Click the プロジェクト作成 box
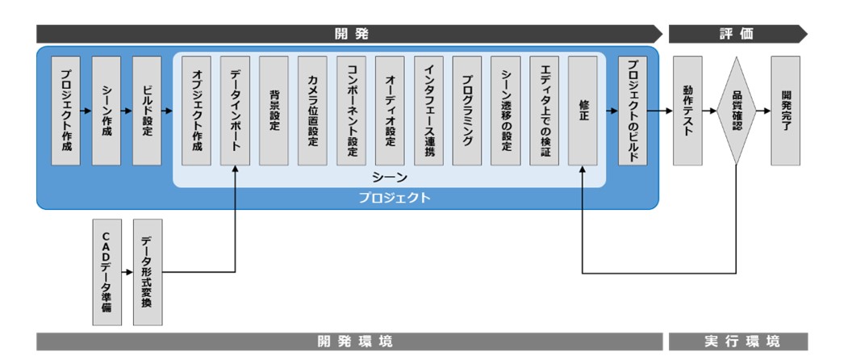pos(66,111)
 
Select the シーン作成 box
pos(106,111)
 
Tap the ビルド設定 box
pos(147,111)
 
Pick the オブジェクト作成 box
pos(197,111)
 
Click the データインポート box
pos(236,111)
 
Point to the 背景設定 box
pos(274,111)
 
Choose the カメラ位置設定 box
pos(313,111)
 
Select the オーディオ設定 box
pos(390,111)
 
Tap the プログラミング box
pos(468,111)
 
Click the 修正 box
pos(583,111)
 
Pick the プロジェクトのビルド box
pos(633,111)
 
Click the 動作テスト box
pos(687,111)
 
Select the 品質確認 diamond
pos(737,111)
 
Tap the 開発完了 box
pos(786,111)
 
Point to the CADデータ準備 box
pos(106,272)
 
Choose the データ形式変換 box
pos(147,272)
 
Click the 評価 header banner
pos(737,34)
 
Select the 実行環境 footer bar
pos(737,341)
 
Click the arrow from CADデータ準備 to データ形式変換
pos(127,272)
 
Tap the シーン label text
pos(390,177)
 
